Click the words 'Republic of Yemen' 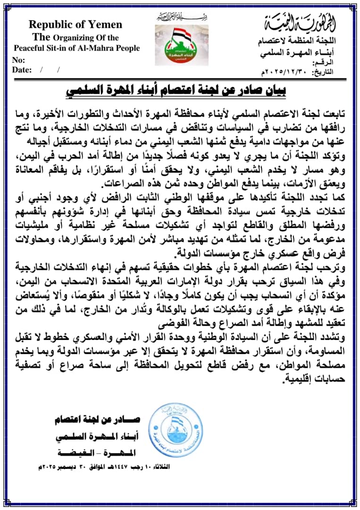(x=75, y=25)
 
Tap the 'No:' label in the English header (x=18, y=60)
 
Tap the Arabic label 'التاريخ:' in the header (x=323, y=72)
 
